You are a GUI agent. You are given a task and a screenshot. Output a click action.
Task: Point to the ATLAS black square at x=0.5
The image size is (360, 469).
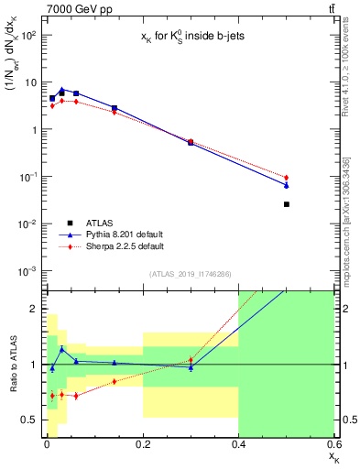coord(287,204)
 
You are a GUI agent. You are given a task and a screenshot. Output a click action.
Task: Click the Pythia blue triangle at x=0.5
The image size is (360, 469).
coord(287,185)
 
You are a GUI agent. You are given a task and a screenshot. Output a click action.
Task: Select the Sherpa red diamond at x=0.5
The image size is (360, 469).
coord(287,177)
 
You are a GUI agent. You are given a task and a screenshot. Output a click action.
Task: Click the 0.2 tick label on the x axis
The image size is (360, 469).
coord(142,444)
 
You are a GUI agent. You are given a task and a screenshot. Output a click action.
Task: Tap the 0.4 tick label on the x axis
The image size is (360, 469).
coord(238,444)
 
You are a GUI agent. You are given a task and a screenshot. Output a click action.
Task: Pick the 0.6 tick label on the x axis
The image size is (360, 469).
coord(333,444)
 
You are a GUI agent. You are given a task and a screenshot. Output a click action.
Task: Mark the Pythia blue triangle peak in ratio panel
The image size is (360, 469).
coord(62,349)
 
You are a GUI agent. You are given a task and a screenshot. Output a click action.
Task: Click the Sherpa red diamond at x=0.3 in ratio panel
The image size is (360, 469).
coord(191,360)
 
